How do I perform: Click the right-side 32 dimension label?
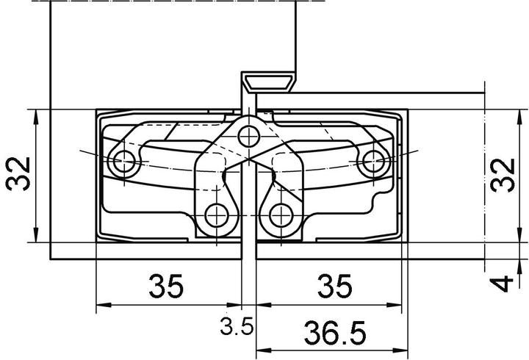click(x=503, y=174)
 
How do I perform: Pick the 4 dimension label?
click(x=503, y=283)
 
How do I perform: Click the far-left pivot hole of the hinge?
click(x=123, y=161)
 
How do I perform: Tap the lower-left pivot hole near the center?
click(x=217, y=215)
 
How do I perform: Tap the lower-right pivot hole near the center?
click(x=281, y=215)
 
